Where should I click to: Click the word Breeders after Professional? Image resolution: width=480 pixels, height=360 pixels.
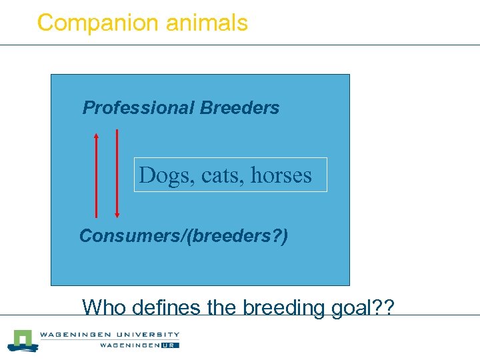[239, 108]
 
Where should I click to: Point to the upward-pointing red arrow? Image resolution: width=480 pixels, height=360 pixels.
[96, 175]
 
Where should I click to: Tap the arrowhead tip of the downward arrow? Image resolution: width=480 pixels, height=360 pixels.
[117, 216]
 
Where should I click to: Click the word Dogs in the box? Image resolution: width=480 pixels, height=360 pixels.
[158, 175]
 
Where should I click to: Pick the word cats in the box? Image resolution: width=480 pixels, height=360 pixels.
[213, 176]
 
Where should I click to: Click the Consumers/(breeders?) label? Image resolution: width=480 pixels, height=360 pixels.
[183, 236]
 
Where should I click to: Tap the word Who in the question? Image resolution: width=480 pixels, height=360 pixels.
[105, 308]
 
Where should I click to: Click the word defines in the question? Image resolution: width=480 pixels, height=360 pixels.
[165, 308]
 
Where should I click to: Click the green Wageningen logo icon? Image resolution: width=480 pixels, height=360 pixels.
[22, 340]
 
